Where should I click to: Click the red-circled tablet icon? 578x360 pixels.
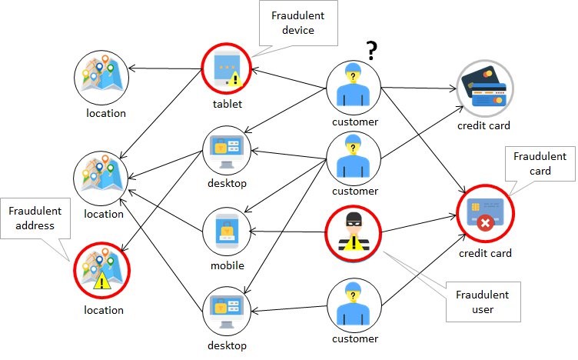(226, 68)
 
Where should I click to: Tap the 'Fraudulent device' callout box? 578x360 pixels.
(298, 23)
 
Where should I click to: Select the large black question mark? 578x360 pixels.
(372, 51)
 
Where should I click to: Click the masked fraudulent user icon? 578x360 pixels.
(353, 234)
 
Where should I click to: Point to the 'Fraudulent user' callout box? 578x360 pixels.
(483, 302)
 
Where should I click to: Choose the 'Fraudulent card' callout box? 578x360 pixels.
(540, 164)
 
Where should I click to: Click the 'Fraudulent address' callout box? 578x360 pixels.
(35, 218)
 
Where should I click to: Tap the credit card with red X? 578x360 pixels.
(485, 213)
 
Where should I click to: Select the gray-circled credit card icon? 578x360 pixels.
(484, 88)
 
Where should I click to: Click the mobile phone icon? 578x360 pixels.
(227, 232)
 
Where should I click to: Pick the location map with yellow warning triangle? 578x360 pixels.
(101, 270)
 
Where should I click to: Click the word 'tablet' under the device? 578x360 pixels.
(228, 104)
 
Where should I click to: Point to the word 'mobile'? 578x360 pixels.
(228, 265)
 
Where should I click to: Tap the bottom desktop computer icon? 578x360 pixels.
(227, 312)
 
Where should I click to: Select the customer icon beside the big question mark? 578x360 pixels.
(354, 88)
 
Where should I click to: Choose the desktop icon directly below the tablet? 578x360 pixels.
(227, 151)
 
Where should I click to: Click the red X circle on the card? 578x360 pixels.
(485, 224)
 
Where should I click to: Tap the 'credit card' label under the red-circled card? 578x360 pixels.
(485, 253)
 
